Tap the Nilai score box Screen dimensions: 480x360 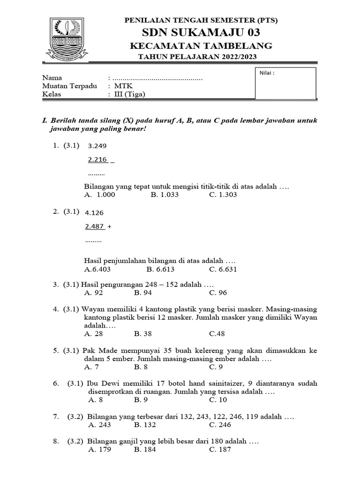pyautogui.click(x=285, y=83)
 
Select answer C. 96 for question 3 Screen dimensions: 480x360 pyautogui.click(x=218, y=292)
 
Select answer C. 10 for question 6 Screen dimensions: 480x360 pyautogui.click(x=218, y=400)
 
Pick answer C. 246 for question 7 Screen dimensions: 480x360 pyautogui.click(x=220, y=425)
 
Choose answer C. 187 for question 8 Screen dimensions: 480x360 pyautogui.click(x=220, y=450)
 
